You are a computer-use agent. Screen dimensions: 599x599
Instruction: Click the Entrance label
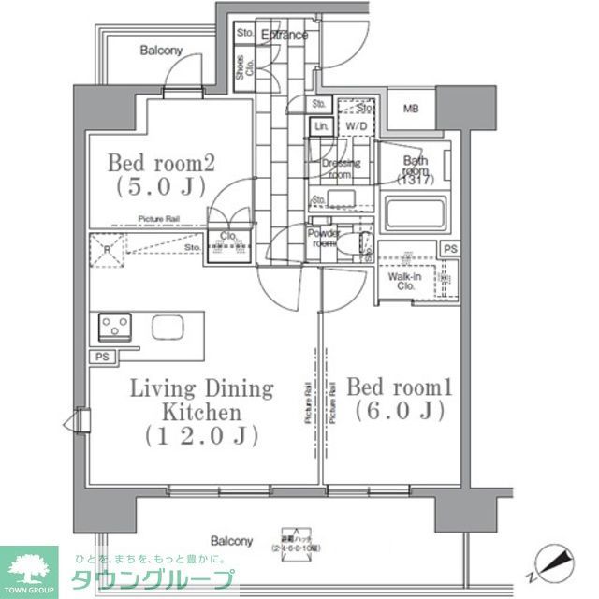[x=284, y=36]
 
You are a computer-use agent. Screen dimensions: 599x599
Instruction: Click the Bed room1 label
[x=393, y=387]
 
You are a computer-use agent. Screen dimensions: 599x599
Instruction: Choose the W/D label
[x=356, y=125]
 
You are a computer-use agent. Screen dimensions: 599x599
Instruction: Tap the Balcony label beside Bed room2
[x=161, y=51]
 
